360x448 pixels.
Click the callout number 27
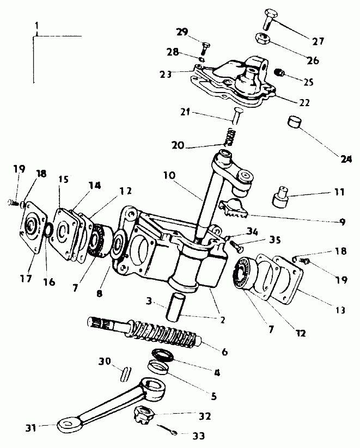pos(318,41)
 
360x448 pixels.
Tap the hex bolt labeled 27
pos(268,19)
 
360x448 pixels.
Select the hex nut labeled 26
pos(262,38)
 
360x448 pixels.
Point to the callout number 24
pos(346,159)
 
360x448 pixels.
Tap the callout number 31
pos(31,428)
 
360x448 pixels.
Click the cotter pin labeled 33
pos(168,429)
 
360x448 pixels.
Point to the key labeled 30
pos(125,374)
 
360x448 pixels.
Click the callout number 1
pos(36,26)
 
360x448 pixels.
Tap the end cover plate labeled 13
pos(286,279)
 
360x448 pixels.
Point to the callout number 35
pos(274,240)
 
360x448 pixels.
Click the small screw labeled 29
pos(205,48)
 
